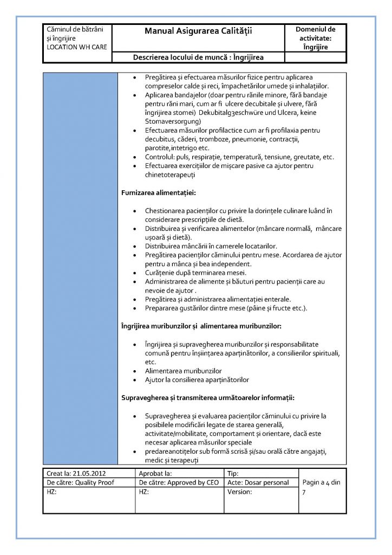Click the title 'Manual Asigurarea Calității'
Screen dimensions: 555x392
coord(199,32)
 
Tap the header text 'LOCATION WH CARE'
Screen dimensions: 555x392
coord(77,47)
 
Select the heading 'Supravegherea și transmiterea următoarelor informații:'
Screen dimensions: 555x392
coord(207,398)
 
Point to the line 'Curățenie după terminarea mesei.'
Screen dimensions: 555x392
coord(195,272)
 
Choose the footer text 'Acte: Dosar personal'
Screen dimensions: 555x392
coord(259,482)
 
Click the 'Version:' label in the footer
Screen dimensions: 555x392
coord(240,492)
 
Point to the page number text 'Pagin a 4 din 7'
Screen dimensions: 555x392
coord(322,487)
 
